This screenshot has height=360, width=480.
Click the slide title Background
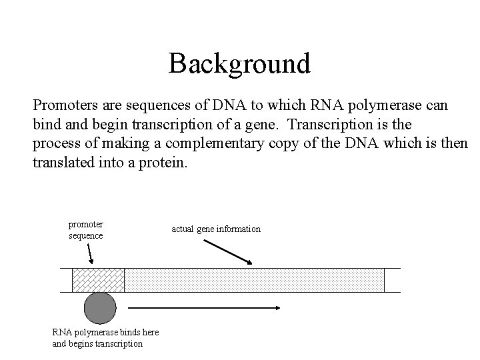[239, 64]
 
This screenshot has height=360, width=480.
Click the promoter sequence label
[85, 230]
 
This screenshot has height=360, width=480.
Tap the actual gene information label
[216, 229]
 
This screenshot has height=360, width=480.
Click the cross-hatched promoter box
[98, 280]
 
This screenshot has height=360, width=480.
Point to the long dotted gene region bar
[254, 280]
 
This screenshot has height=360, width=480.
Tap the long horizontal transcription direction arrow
[203, 308]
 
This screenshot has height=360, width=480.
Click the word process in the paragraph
[53, 143]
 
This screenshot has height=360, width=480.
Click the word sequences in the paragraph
[145, 105]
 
